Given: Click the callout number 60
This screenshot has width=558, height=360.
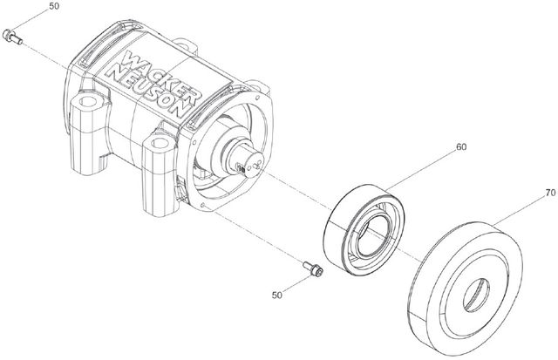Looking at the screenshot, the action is coord(461,146).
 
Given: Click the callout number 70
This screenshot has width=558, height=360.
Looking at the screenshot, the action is coord(550,193).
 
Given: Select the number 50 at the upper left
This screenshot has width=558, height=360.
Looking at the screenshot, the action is coord(54,6).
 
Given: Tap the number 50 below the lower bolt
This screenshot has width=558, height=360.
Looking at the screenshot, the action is coord(277,295).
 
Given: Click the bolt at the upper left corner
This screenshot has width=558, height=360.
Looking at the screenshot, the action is coord(12,37).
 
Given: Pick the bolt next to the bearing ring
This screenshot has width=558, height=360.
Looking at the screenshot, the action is coord(313,268).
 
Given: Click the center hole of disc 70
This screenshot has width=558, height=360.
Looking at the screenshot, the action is coord(476,295).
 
